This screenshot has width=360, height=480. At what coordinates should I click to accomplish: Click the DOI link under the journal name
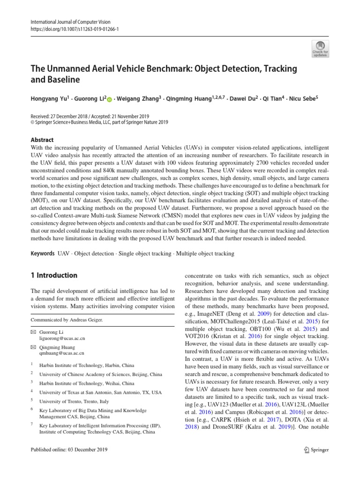point(75,28)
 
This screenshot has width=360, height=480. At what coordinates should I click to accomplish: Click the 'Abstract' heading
point(42,140)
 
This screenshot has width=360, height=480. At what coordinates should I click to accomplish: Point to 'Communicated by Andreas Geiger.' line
point(67,320)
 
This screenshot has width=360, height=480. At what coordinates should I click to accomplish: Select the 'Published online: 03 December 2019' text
point(69,450)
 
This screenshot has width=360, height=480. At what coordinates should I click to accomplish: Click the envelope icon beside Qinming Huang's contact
point(33,347)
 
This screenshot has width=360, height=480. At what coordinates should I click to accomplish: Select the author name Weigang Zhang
point(141,99)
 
